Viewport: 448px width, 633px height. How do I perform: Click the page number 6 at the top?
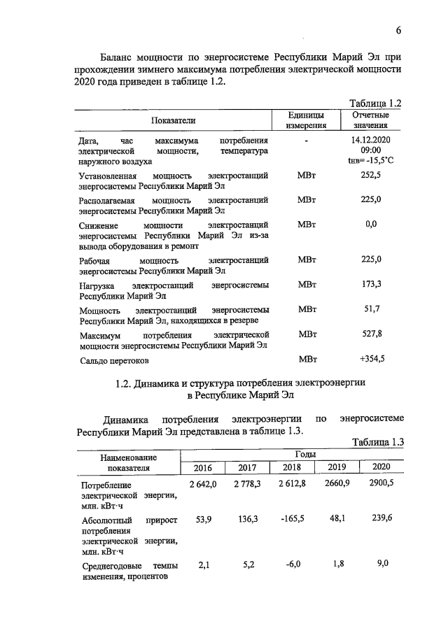tap(398, 30)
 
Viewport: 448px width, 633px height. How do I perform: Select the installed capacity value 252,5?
tap(370, 176)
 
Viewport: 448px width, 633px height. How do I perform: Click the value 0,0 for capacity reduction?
tap(371, 224)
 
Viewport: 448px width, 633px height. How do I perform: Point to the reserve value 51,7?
tap(370, 308)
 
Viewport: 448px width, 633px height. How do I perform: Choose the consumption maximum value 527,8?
tap(370, 334)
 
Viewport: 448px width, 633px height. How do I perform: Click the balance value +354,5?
tap(372, 359)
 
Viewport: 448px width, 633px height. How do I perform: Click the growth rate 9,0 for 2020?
tap(382, 564)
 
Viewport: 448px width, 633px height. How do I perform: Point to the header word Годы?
tap(292, 454)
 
